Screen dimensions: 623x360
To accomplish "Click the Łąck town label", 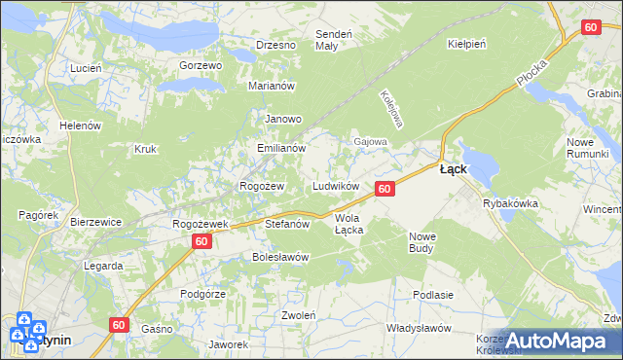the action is pos(453,168).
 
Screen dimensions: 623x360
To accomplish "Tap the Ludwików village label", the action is pos(336,186).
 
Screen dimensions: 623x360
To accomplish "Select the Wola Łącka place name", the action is pos(348,225).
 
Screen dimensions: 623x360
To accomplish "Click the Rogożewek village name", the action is pos(200,224).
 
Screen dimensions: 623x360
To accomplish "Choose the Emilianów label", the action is pos(281,149).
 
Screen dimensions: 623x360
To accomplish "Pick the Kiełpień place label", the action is pos(465,44).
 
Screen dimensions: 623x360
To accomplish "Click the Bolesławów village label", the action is pos(280,257).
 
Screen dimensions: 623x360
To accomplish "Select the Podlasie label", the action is pos(433,295).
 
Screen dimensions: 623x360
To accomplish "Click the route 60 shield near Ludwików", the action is pos(385,189).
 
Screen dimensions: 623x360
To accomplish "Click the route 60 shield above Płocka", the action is pos(590,28).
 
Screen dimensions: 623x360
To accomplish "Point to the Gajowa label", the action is pos(370,141).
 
